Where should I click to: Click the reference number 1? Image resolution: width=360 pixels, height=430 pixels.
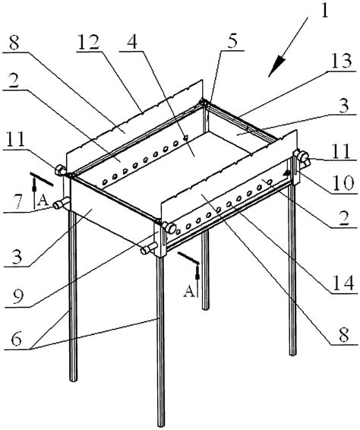coord(324,11)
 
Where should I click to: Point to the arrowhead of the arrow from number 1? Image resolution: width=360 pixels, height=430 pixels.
coord(276,66)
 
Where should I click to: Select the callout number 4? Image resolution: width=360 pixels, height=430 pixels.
coord(132,41)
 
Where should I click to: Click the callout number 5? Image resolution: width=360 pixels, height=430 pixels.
coord(232,41)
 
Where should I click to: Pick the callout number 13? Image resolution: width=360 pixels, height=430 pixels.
coord(341,61)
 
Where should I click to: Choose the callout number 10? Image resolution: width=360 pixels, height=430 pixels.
coord(343,183)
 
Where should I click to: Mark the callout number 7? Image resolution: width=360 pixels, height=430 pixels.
coord(17,201)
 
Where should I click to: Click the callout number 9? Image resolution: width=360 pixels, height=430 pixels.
coord(18,297)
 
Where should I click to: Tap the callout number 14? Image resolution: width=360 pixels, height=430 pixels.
coord(343,283)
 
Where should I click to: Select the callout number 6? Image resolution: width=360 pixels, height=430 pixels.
coord(16,340)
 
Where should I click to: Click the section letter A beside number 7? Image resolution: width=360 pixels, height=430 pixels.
coord(43,201)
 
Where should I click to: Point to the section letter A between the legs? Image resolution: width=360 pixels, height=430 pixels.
coord(189,291)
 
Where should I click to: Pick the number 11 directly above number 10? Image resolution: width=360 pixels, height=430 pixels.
coord(341,151)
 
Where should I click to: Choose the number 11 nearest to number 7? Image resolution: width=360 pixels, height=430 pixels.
coord(17,140)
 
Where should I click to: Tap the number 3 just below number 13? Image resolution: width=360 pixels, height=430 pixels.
coord(343,106)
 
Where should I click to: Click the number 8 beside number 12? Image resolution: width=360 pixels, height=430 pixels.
coord(14,42)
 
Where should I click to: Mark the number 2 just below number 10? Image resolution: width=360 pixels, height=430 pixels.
coord(343,217)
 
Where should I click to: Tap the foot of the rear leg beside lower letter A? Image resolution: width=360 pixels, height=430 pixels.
coord(205,307)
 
